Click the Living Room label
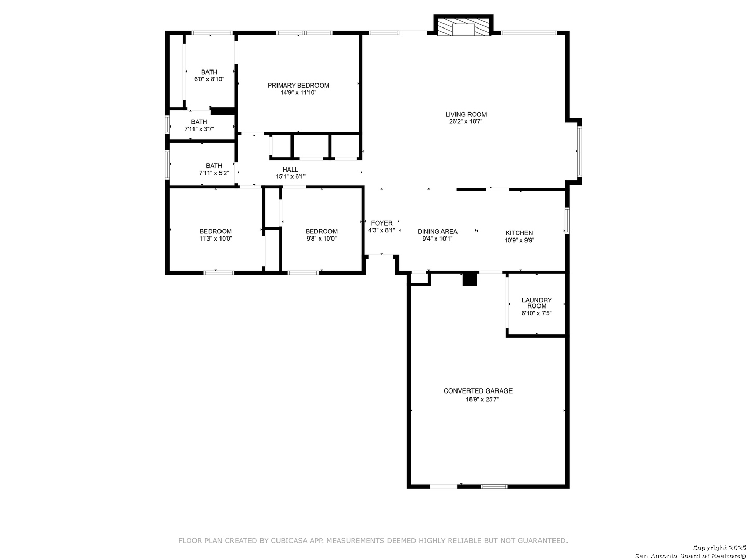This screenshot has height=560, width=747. tap(465, 114)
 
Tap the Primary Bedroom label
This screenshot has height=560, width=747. tap(298, 86)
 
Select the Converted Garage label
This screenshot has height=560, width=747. tap(478, 391)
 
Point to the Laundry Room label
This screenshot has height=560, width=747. tap(536, 303)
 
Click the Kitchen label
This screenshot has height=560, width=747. tap(519, 233)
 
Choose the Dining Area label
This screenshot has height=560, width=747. tap(437, 232)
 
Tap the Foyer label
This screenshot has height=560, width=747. tap(381, 223)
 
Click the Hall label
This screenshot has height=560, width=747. tap(290, 170)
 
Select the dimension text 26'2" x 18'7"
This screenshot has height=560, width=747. tap(465, 121)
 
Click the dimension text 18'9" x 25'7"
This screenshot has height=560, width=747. tap(482, 399)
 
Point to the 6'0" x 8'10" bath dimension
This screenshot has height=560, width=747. tap(209, 79)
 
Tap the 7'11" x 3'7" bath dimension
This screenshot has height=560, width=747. tap(199, 129)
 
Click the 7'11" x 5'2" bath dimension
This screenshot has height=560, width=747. tap(214, 173)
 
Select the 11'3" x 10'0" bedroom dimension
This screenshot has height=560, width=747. tap(215, 239)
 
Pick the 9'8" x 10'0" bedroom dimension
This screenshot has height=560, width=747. tap(321, 239)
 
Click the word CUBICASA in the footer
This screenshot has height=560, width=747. tap(288, 541)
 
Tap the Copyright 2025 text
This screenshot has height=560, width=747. tap(718, 548)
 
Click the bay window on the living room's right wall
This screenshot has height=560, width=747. tap(579, 151)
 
